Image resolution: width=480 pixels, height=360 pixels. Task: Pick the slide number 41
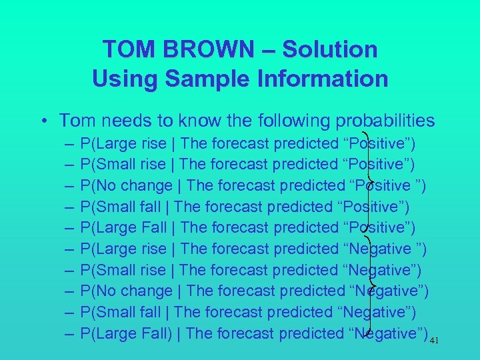click(434, 341)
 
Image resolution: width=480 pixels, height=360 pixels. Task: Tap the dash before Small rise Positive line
click(70, 164)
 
